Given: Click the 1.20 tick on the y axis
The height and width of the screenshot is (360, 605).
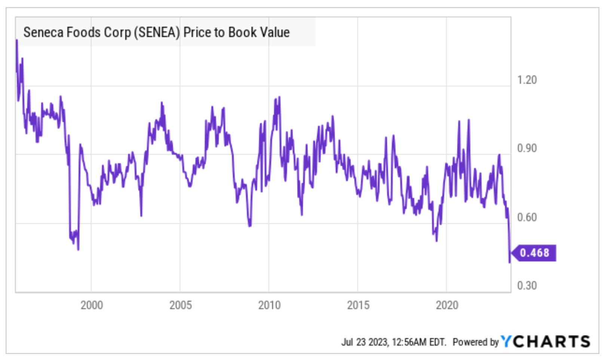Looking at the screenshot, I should [526, 80].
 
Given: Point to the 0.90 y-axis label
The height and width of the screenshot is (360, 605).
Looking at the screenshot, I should [526, 148].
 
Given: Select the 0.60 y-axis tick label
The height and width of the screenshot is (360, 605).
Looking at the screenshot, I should [526, 217].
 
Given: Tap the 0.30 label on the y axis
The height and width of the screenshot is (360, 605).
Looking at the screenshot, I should [526, 286].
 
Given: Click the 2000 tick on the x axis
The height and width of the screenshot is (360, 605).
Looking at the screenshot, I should [92, 305].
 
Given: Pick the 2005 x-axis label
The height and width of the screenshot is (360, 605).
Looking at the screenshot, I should [180, 305].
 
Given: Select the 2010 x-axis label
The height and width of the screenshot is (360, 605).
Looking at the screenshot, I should [269, 305].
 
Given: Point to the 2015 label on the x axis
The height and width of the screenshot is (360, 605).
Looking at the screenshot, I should [358, 305].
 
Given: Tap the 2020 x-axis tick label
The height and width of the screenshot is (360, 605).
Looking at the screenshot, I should [447, 305].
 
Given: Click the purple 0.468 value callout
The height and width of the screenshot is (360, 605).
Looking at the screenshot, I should [534, 253].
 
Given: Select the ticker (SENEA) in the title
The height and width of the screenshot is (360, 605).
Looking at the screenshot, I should [157, 33].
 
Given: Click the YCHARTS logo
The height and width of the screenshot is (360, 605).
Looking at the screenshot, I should [546, 341].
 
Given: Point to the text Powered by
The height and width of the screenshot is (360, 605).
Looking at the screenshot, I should [476, 342].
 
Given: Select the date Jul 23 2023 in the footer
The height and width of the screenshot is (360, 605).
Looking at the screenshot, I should [365, 342].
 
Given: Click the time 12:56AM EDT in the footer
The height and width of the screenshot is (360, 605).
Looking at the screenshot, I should [419, 342].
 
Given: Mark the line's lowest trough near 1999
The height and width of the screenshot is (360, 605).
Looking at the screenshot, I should [78, 250].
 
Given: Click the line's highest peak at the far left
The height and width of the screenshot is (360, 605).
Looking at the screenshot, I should [16, 40].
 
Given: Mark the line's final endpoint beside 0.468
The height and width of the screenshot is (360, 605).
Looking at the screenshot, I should [510, 262].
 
